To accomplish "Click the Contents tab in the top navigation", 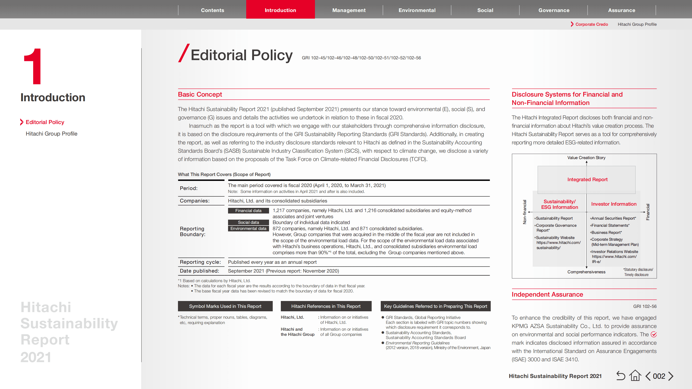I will click(212, 10).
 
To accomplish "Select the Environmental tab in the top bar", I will click(417, 10).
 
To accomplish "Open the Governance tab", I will click(554, 10).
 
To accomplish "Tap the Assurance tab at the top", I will click(621, 10).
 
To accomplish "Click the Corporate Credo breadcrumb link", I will click(591, 24).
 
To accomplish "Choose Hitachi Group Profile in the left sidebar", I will click(51, 134).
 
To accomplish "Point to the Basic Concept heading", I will click(200, 94).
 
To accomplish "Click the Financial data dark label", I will click(248, 211).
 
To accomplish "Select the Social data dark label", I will click(248, 222).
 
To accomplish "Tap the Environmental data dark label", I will click(248, 228).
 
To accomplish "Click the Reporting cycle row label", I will click(200, 262).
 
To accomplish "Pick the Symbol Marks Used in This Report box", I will click(225, 306).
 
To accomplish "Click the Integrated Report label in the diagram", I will click(587, 179).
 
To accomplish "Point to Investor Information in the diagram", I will click(613, 204).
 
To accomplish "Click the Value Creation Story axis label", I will click(586, 158).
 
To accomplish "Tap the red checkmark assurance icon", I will click(654, 334).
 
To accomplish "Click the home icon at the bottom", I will click(635, 376).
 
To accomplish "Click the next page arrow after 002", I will click(671, 376).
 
